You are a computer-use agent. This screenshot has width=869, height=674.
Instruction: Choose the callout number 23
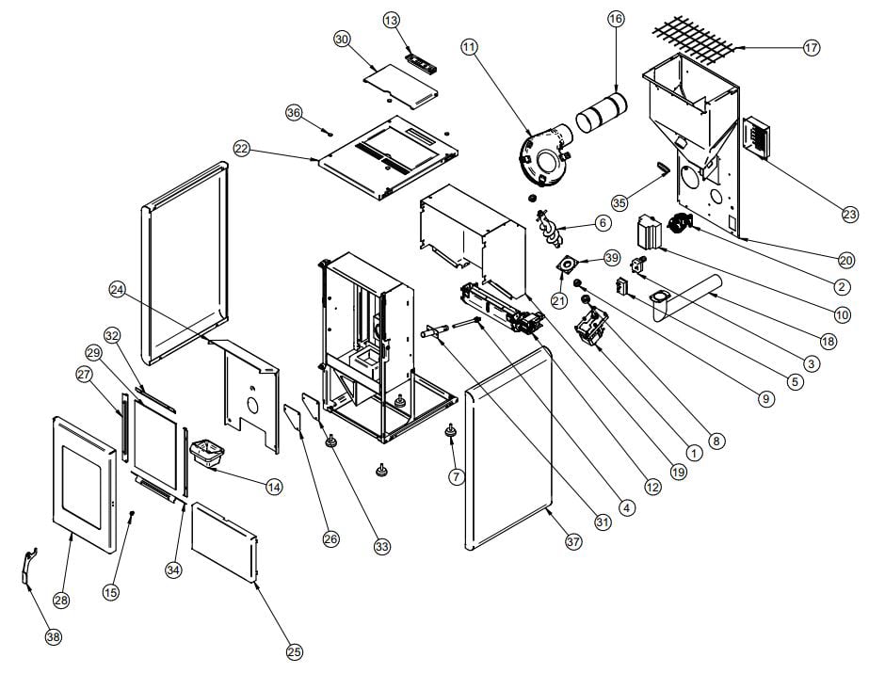(x=849, y=215)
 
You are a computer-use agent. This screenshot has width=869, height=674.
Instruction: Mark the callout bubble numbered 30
(x=342, y=39)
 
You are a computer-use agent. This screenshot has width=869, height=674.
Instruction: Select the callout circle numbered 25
(x=295, y=651)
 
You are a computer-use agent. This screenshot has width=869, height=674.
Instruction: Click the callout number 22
(x=242, y=149)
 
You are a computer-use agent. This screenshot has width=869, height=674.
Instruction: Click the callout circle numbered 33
(x=381, y=546)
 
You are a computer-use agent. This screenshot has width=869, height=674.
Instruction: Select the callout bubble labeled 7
(x=457, y=476)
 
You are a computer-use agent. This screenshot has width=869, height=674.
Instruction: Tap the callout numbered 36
(x=294, y=112)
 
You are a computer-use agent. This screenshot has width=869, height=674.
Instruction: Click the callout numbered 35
(x=618, y=202)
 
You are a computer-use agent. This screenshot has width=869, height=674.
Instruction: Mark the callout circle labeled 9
(x=765, y=399)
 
